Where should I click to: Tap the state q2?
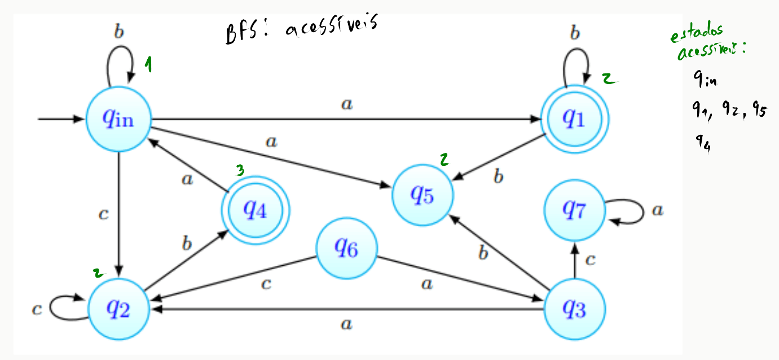(118, 309)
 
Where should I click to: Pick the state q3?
(575, 309)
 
